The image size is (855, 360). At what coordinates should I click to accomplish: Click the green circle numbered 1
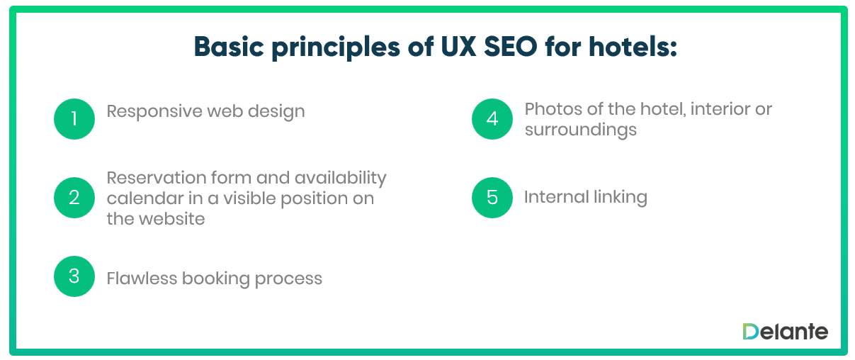click(74, 118)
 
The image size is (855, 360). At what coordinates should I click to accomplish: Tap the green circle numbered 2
click(74, 197)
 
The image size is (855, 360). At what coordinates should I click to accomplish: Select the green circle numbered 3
click(74, 276)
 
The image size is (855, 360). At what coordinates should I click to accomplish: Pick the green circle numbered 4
click(492, 118)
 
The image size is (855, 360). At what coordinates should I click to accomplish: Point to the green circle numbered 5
click(492, 197)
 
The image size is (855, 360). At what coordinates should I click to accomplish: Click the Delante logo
click(785, 331)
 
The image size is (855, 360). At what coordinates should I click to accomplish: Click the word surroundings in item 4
click(580, 130)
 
